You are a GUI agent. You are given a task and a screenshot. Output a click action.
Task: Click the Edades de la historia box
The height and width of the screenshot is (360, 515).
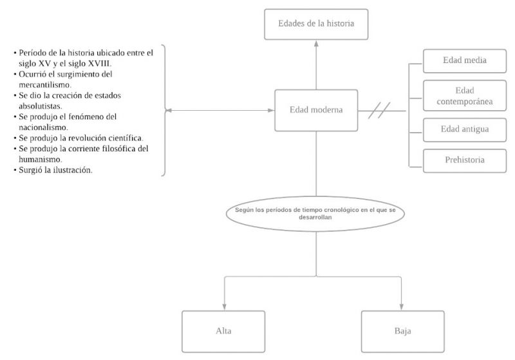pyautogui.click(x=315, y=24)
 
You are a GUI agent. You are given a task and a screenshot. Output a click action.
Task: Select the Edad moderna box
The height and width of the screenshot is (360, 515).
pyautogui.click(x=315, y=110)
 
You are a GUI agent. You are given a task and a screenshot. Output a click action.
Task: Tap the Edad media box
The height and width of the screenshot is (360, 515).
pyautogui.click(x=464, y=61)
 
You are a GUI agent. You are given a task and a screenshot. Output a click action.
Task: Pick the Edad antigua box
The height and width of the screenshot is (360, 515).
pyautogui.click(x=464, y=129)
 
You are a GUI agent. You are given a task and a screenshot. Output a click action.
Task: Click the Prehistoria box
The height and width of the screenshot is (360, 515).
pyautogui.click(x=464, y=160)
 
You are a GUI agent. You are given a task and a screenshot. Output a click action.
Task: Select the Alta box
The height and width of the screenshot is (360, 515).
pyautogui.click(x=223, y=332)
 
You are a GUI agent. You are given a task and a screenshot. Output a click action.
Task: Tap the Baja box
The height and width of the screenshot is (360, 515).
pyautogui.click(x=402, y=332)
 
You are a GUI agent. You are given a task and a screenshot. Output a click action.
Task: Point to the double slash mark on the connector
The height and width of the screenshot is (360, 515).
pyautogui.click(x=379, y=111)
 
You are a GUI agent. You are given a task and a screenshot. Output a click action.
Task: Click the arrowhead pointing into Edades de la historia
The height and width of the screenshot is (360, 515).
pyautogui.click(x=315, y=44)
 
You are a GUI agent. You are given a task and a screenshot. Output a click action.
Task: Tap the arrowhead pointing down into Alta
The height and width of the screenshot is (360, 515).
pyautogui.click(x=223, y=307)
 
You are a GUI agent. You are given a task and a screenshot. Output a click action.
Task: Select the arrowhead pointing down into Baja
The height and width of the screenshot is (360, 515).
pyautogui.click(x=402, y=307)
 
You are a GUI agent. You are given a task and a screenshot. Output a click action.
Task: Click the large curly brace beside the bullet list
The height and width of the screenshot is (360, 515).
pyautogui.click(x=165, y=110)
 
